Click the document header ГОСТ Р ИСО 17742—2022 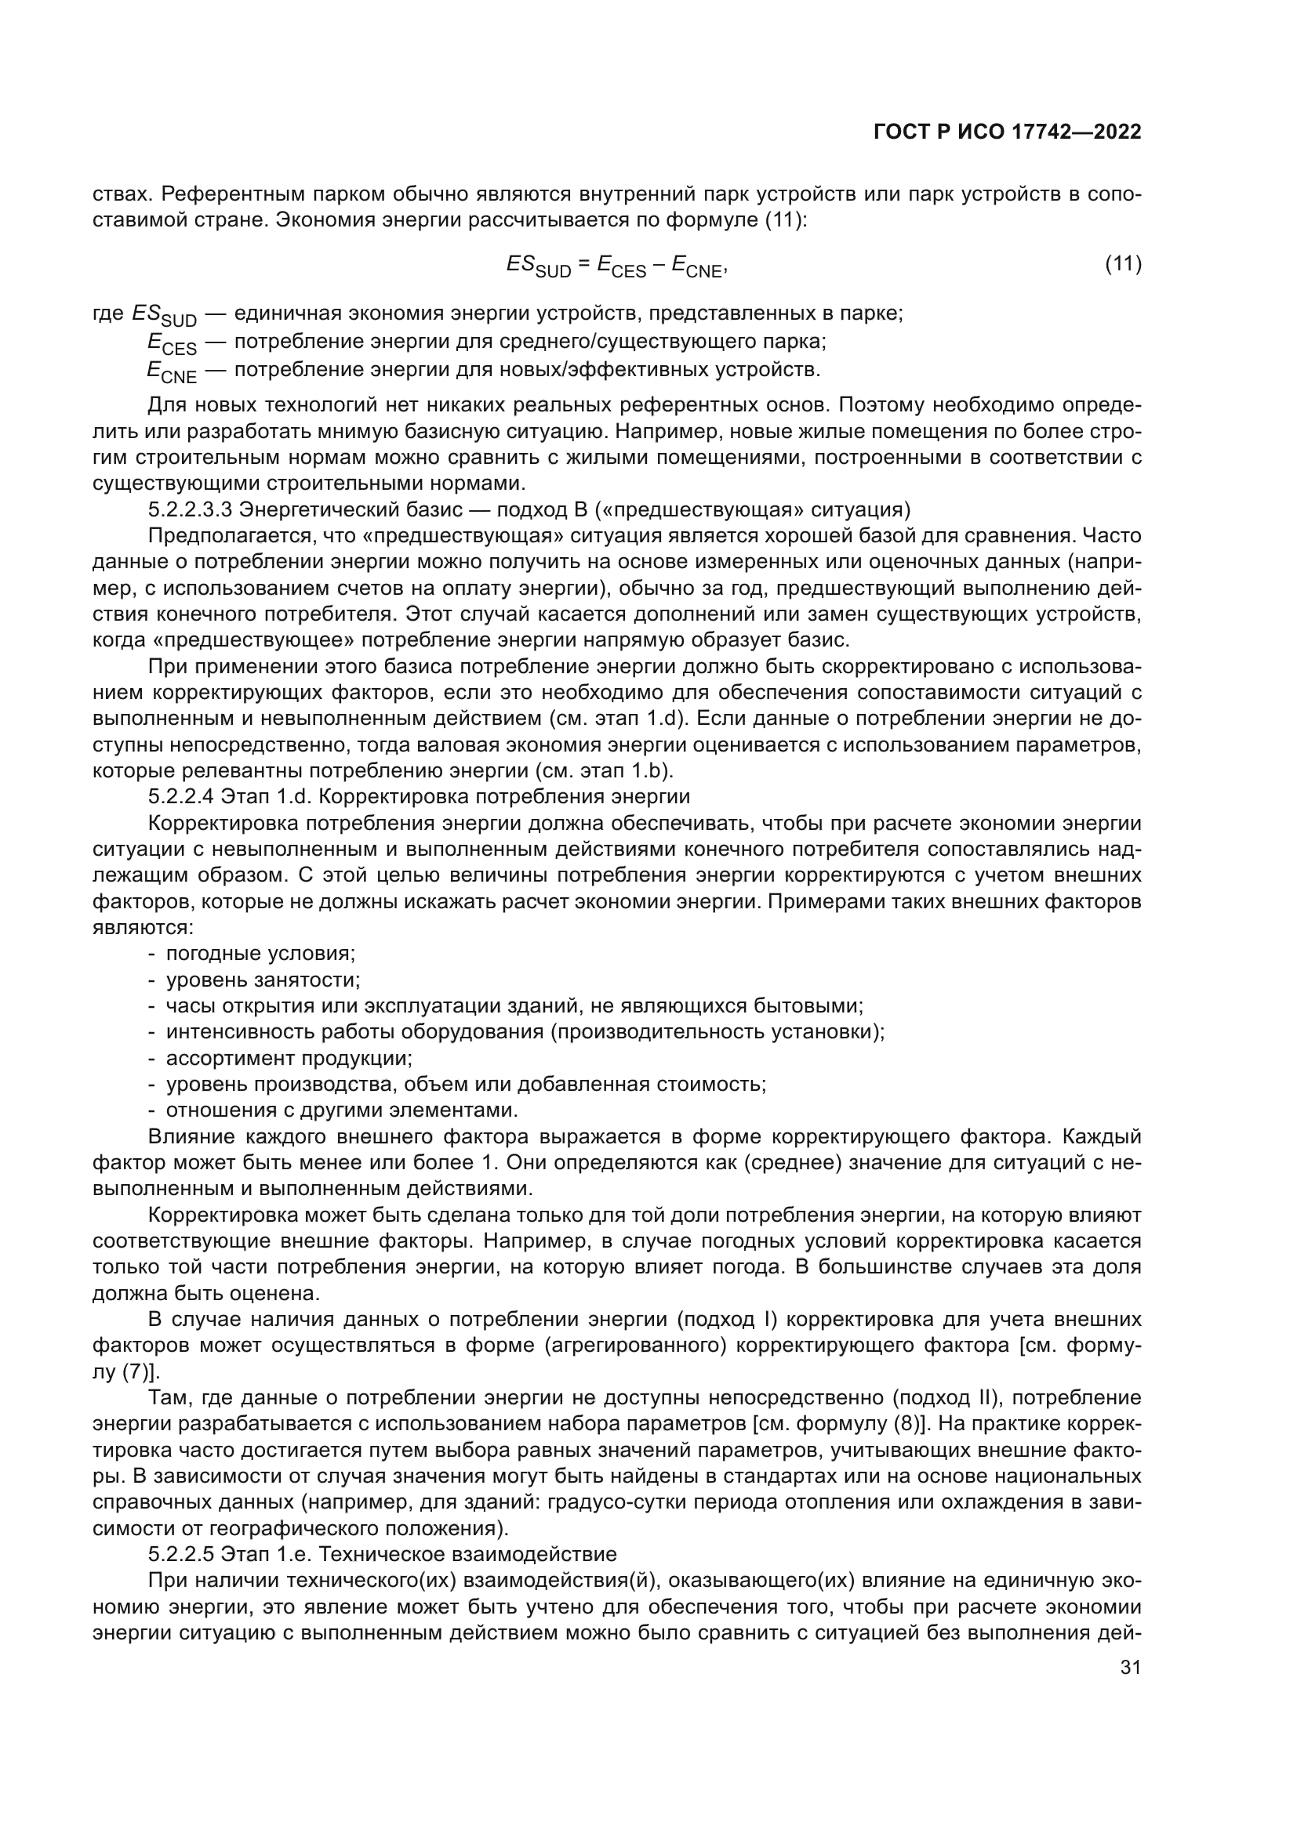point(1007,132)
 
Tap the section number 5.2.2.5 point(180,1553)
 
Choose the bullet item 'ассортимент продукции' point(289,1058)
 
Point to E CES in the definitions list point(171,344)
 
